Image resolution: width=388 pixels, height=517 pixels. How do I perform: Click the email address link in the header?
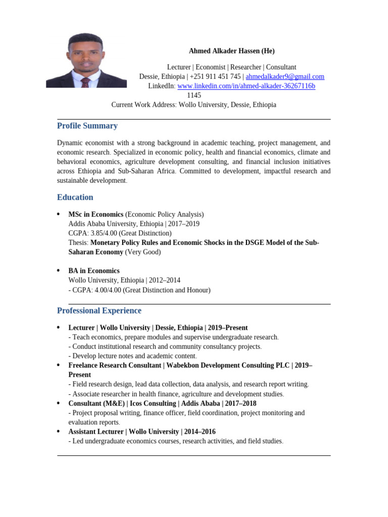285,77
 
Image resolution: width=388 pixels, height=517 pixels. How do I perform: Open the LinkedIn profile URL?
246,86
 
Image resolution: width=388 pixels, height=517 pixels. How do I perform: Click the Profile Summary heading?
87,126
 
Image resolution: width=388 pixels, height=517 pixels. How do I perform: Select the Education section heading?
75,197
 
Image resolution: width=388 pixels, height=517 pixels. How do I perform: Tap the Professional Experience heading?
99,311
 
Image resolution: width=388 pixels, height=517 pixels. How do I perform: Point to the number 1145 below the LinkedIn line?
194,95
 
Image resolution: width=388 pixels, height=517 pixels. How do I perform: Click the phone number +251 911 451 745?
215,77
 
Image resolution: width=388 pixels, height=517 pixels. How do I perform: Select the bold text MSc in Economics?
96,215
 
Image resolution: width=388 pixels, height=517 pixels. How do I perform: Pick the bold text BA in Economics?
94,271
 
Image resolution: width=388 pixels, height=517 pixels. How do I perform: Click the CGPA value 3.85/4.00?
104,233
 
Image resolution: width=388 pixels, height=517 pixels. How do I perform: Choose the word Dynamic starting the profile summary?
70,143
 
